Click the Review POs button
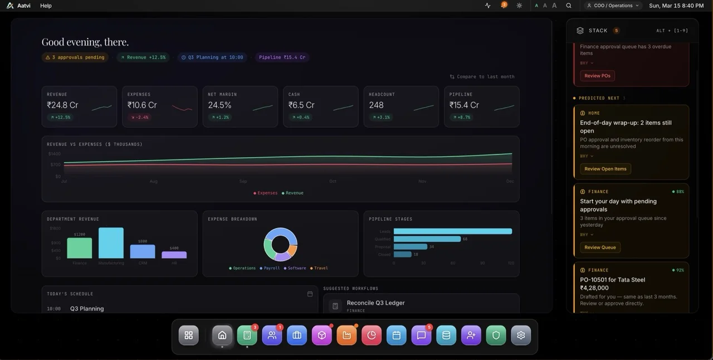[x=597, y=76]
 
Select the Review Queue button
[x=600, y=247]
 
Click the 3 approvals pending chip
[x=75, y=57]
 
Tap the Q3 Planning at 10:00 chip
[x=212, y=57]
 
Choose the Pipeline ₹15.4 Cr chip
[x=282, y=57]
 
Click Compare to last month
[x=482, y=77]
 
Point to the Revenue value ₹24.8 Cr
[x=63, y=105]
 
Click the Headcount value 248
[x=376, y=105]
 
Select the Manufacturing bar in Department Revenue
[x=111, y=243]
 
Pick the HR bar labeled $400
[x=174, y=255]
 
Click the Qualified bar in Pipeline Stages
[x=427, y=239]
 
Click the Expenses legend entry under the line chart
[x=266, y=193]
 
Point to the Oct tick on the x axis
[x=333, y=181]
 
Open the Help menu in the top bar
[x=46, y=6]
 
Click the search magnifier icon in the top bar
[x=569, y=6]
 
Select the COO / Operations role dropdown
[x=613, y=6]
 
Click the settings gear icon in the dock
[x=521, y=335]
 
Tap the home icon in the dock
[x=222, y=335]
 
